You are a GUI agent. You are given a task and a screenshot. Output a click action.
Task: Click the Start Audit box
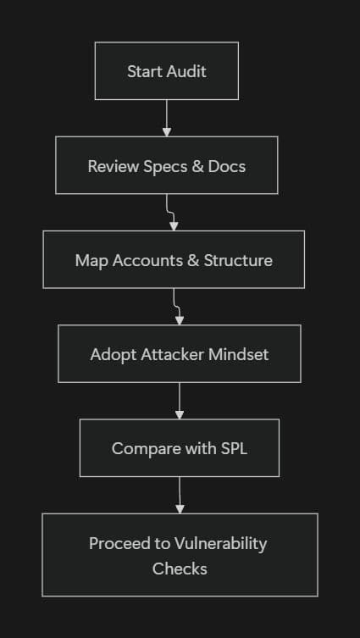click(167, 71)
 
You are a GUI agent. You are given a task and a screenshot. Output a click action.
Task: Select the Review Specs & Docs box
click(167, 165)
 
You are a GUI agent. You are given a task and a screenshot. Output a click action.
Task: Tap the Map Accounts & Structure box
click(174, 260)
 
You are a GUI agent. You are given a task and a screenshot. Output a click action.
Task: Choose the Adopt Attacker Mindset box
click(180, 353)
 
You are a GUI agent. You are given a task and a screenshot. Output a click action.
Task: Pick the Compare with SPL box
click(180, 447)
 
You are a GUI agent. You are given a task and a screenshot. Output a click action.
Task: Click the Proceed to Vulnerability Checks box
click(180, 555)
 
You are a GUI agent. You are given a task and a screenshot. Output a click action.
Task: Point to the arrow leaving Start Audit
click(167, 119)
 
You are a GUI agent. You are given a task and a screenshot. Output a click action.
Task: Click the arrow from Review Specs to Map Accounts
click(173, 213)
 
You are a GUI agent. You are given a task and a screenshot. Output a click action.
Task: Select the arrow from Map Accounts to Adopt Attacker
click(178, 307)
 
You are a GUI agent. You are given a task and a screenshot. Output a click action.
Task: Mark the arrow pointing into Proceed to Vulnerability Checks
click(180, 495)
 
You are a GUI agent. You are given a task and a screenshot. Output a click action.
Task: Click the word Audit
click(186, 71)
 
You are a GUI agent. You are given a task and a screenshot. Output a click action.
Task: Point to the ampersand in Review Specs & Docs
click(198, 165)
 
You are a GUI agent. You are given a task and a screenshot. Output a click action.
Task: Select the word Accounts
click(142, 260)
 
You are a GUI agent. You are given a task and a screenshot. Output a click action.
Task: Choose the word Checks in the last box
click(180, 568)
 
